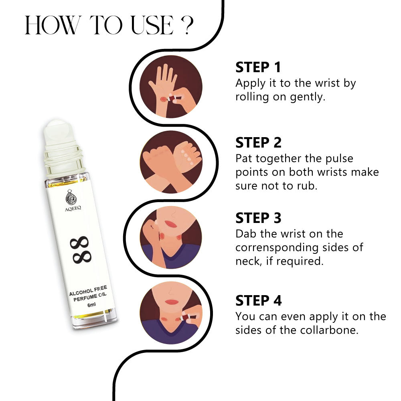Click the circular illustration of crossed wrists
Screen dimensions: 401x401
click(x=171, y=162)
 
